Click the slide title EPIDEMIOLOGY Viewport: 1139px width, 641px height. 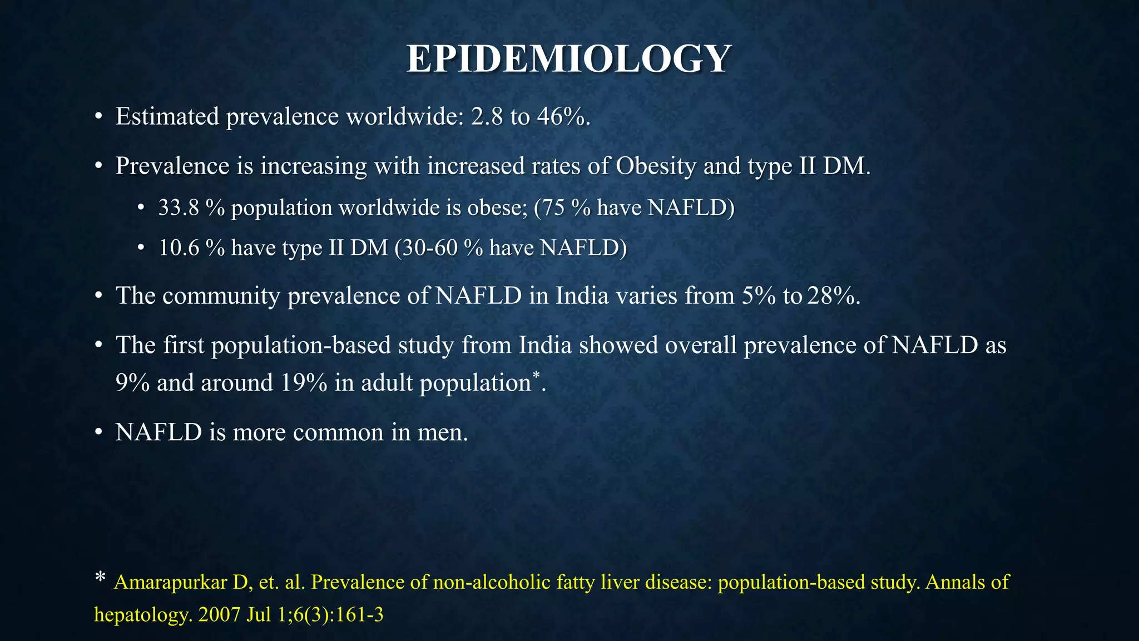[568, 58]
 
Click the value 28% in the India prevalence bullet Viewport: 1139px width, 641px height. [831, 295]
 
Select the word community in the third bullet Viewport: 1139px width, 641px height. [221, 295]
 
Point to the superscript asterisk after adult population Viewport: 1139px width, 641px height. [536, 376]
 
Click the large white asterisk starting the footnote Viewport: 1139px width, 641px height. [100, 579]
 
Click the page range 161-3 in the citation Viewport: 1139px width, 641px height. [364, 615]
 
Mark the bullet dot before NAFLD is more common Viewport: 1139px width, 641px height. [98, 432]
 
